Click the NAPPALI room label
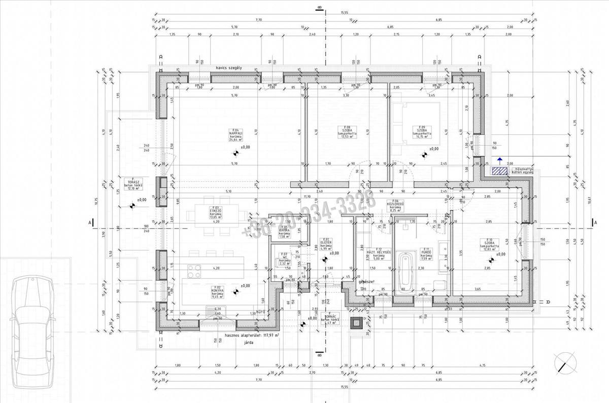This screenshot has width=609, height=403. pyautogui.click(x=235, y=134)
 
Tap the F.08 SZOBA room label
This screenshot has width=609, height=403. pyautogui.click(x=348, y=131)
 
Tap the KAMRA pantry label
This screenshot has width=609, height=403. pyautogui.click(x=284, y=232)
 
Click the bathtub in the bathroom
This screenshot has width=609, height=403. pyautogui.click(x=406, y=274)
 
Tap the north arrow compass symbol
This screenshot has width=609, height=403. pyautogui.click(x=565, y=363)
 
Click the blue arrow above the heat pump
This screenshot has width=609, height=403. pyautogui.click(x=500, y=160)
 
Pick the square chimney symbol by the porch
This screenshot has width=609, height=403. pyautogui.click(x=357, y=321)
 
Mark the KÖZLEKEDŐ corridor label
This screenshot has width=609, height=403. pyautogui.click(x=395, y=205)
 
